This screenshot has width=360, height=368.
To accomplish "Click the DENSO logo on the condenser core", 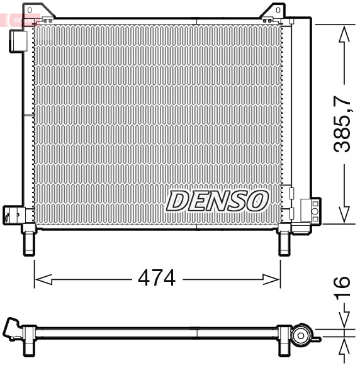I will click(x=218, y=201).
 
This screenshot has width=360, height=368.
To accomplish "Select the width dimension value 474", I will click(x=157, y=277).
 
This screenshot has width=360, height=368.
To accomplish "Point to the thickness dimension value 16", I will click(x=341, y=291).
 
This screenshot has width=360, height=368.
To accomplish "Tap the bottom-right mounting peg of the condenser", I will click(x=284, y=241).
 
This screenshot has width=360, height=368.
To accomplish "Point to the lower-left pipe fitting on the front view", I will click(x=13, y=214).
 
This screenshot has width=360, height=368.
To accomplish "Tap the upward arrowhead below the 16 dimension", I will click(x=343, y=347).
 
